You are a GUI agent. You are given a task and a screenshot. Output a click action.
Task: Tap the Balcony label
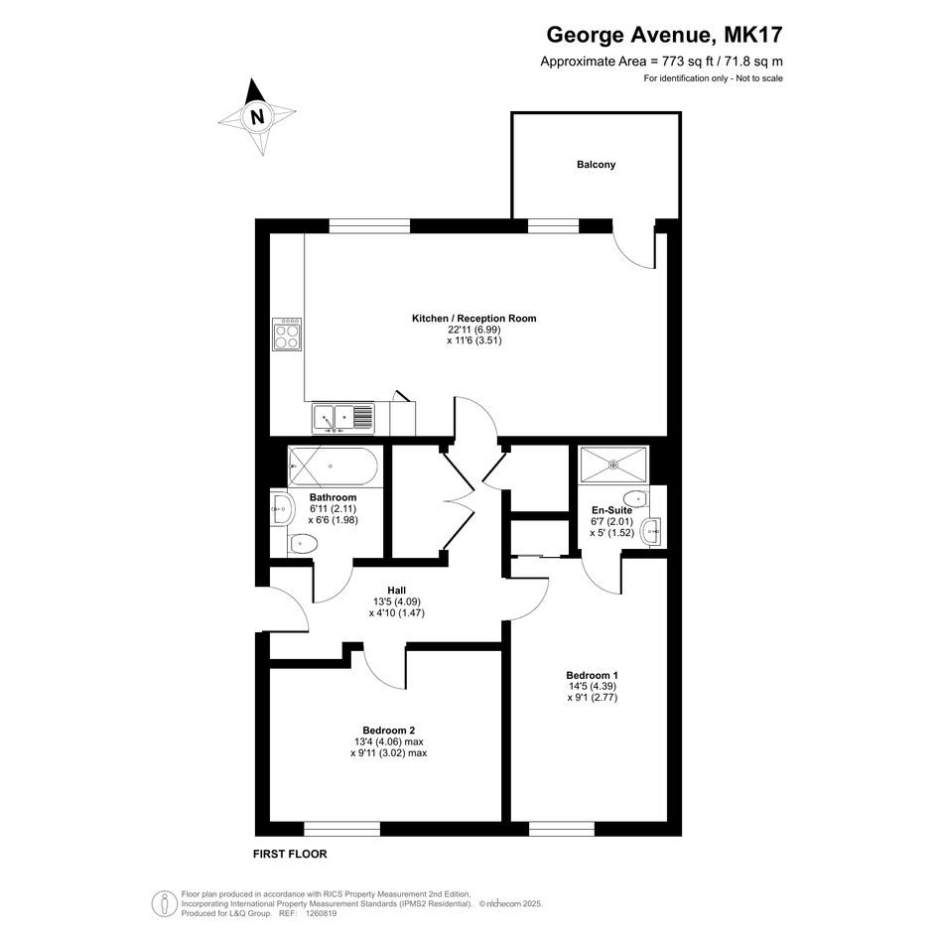pyautogui.click(x=596, y=165)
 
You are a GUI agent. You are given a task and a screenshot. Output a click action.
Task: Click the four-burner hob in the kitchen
pyautogui.click(x=287, y=335)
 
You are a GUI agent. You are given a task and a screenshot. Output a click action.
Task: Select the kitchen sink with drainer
pyautogui.click(x=342, y=418)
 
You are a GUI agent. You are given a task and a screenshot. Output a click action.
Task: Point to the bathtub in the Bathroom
pyautogui.click(x=333, y=466)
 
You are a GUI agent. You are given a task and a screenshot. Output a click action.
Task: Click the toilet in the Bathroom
pyautogui.click(x=302, y=544)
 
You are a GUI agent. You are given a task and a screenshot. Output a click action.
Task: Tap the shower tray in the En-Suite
pyautogui.click(x=613, y=464)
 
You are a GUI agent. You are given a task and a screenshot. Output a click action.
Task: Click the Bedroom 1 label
pyautogui.click(x=593, y=675)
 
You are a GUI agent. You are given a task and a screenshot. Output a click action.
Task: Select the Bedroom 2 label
pyautogui.click(x=389, y=731)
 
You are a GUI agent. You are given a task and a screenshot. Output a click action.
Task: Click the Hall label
pyautogui.click(x=397, y=591)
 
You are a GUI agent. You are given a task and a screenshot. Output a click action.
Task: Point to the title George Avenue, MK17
pyautogui.click(x=664, y=35)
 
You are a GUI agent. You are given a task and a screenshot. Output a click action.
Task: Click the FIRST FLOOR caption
pyautogui.click(x=290, y=855)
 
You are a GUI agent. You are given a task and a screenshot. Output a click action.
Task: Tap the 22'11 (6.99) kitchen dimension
pyautogui.click(x=473, y=330)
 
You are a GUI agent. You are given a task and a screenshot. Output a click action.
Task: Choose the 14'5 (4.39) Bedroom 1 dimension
pyautogui.click(x=593, y=686)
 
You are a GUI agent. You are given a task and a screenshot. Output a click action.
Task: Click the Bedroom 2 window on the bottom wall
pyautogui.click(x=342, y=829)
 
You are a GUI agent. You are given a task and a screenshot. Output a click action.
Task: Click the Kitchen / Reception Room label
pyautogui.click(x=473, y=319)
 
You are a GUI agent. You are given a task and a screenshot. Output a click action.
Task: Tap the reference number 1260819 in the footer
pyautogui.click(x=321, y=913)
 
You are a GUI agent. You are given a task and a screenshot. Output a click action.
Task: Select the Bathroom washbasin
pyautogui.click(x=281, y=509)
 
